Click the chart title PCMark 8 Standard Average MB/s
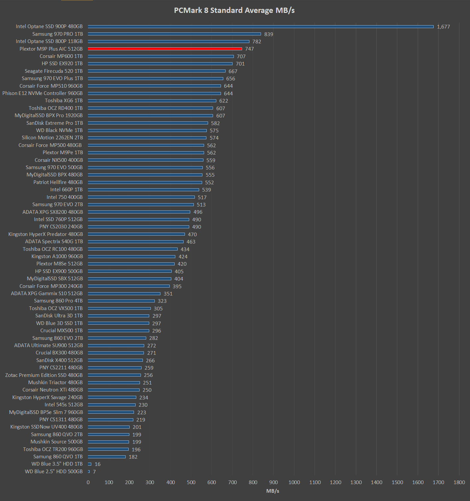click(x=234, y=10)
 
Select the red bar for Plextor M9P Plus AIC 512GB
click(x=165, y=49)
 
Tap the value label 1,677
click(x=443, y=27)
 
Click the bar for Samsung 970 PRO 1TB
click(x=174, y=34)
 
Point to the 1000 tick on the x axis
click(x=294, y=482)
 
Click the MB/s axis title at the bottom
click(x=273, y=491)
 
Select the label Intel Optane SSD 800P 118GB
click(x=49, y=41)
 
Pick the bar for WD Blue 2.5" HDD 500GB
click(x=89, y=472)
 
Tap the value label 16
click(x=98, y=464)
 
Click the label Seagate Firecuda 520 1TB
click(x=54, y=71)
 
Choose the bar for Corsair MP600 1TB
click(x=161, y=56)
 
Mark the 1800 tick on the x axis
click(x=459, y=482)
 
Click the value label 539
click(x=206, y=190)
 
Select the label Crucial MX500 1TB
click(x=62, y=331)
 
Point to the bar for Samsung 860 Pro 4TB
click(x=121, y=301)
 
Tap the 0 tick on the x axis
click(x=88, y=482)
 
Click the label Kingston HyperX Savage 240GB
click(x=47, y=397)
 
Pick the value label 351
click(x=168, y=294)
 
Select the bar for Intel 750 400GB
click(x=141, y=197)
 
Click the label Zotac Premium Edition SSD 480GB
click(x=44, y=375)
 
